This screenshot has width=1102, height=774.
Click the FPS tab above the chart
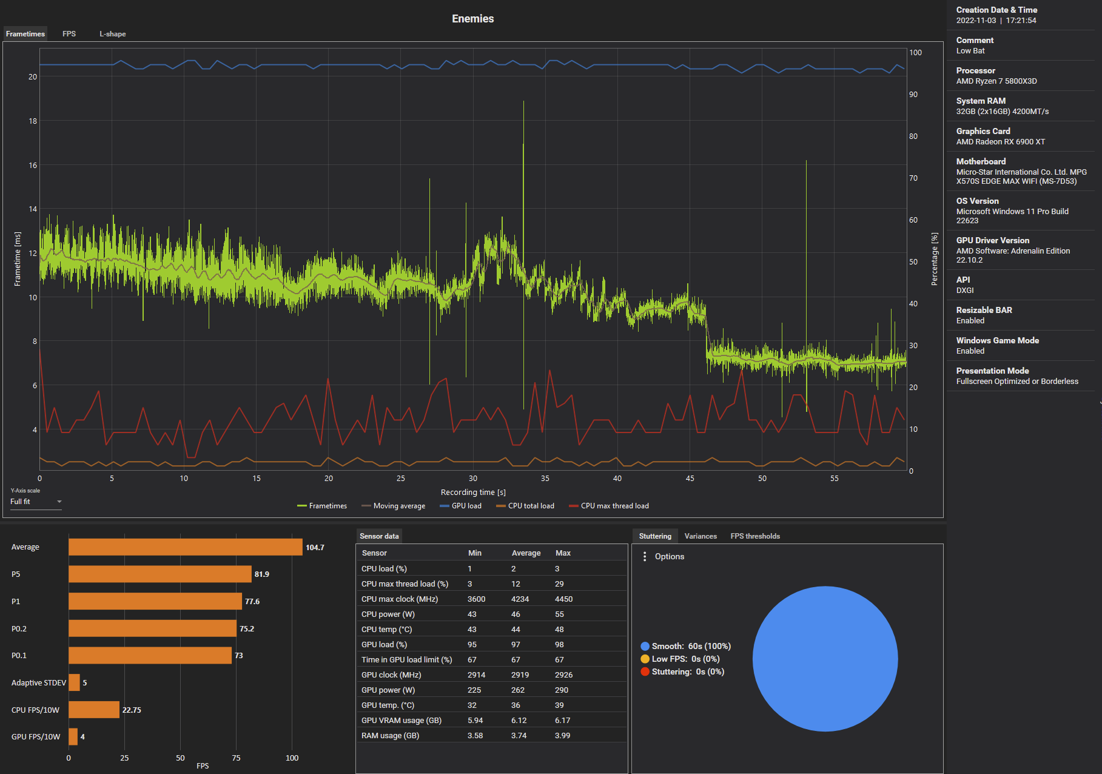pos(69,34)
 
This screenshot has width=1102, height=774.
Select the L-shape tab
pos(112,34)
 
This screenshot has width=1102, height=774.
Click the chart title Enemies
pos(472,19)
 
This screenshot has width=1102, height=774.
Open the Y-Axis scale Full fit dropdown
pos(36,502)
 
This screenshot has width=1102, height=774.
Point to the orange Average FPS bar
pos(185,547)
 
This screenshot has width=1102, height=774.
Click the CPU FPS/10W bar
pos(94,710)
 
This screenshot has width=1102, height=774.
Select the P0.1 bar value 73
pos(239,656)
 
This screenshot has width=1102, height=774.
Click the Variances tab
pos(701,536)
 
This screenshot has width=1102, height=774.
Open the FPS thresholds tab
pos(755,536)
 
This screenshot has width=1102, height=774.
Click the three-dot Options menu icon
pos(645,556)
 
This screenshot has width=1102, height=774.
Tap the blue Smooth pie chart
pos(825,659)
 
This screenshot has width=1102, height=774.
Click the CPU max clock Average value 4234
pos(520,599)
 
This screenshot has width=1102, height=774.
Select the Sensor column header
pos(374,553)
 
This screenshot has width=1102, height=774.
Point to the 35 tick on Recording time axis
pos(545,479)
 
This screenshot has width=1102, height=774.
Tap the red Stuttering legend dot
pos(645,671)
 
